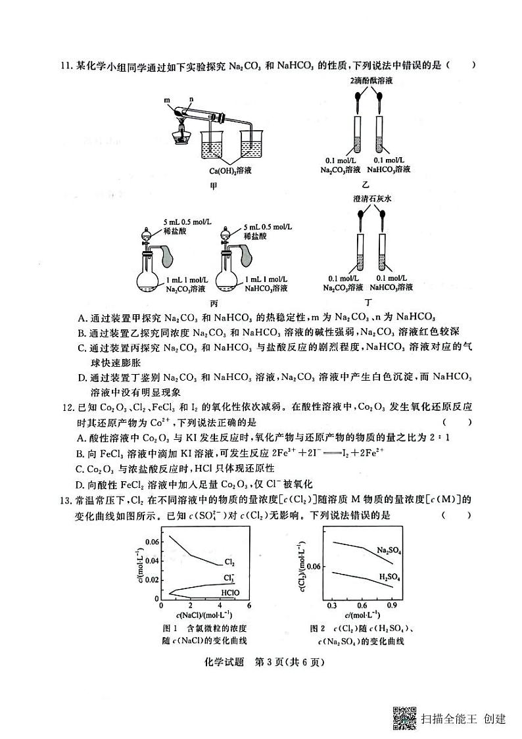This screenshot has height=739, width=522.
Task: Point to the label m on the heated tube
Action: click(x=168, y=101)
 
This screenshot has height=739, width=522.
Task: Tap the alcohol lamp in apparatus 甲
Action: click(x=181, y=134)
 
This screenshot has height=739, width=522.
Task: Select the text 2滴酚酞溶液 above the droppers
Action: click(x=371, y=80)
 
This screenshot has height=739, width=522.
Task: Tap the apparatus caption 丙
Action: click(x=214, y=303)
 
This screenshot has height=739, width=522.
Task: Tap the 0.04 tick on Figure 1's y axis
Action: click(x=151, y=561)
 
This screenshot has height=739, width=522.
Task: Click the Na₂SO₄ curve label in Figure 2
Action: click(x=389, y=550)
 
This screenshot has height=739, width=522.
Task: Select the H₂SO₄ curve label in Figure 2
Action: click(x=390, y=576)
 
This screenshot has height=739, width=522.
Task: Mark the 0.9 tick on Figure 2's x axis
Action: click(x=392, y=604)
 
